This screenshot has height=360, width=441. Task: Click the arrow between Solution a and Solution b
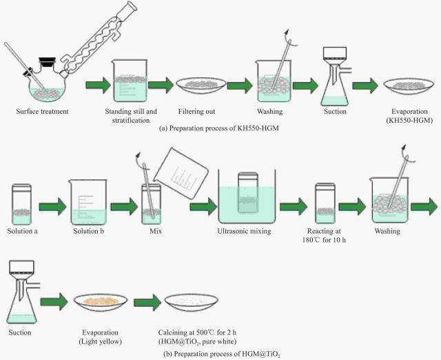52,206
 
